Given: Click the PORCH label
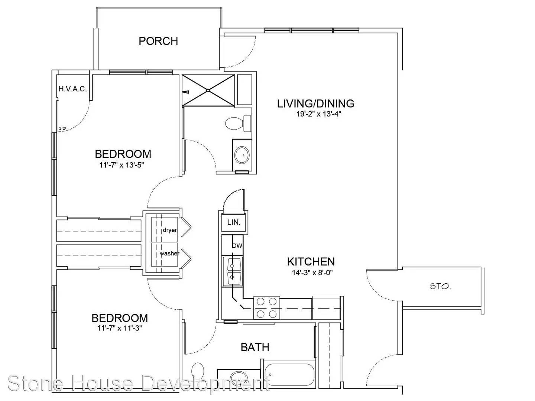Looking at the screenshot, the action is [158, 41].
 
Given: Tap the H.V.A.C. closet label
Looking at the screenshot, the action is [72, 89].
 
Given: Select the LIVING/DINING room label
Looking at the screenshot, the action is [316, 104].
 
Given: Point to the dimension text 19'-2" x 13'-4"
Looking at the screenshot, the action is [318, 114].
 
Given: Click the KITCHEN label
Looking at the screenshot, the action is [311, 262].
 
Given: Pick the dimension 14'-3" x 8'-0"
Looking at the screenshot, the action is [312, 273].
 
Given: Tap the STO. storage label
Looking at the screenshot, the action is [440, 287].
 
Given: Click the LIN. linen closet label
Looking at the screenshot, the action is [234, 222].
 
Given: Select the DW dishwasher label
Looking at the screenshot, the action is [237, 246].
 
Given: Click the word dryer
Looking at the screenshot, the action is [170, 230].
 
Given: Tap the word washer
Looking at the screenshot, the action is [169, 254].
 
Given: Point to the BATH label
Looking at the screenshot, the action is [255, 347].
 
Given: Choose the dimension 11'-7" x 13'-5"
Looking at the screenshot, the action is [121, 165].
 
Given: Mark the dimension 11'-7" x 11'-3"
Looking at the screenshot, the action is [119, 328].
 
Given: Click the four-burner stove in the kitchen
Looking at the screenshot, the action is [267, 308].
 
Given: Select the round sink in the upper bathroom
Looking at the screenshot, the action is [242, 155].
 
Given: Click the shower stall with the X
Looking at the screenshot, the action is [208, 90].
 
